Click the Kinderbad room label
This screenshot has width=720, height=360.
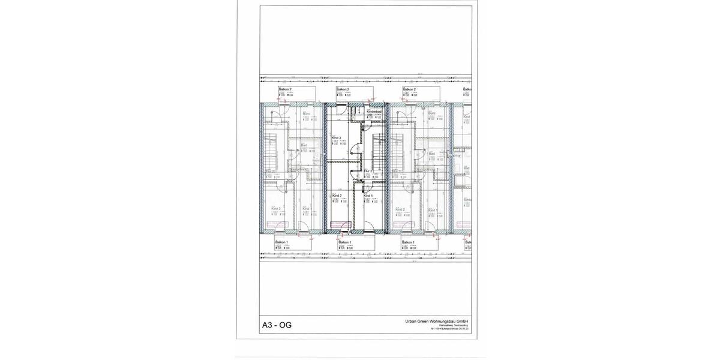[x=374, y=112]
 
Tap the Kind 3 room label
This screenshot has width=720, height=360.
[x=336, y=138]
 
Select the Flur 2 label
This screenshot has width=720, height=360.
[x=368, y=171]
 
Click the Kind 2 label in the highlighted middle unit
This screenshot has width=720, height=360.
[x=337, y=196]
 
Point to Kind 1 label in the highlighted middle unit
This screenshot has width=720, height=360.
[x=368, y=196]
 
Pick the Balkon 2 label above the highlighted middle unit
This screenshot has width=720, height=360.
[x=343, y=89]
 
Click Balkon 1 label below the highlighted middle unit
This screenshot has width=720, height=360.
[x=344, y=242]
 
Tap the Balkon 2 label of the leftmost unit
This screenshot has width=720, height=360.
[x=285, y=89]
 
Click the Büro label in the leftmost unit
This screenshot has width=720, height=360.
[x=305, y=113]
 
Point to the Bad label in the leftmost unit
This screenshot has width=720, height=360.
[x=304, y=145]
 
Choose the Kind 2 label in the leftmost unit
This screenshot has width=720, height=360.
[x=275, y=209]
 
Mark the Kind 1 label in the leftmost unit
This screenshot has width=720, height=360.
[x=306, y=209]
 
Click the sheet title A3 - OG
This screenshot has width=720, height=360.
[x=277, y=326]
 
